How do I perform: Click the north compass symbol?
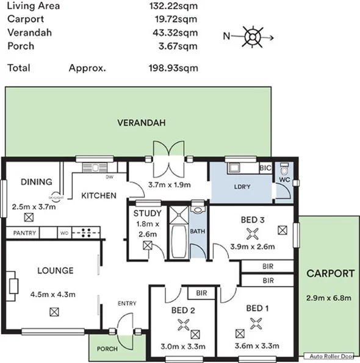click(x=251, y=36)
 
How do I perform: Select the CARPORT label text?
click(x=329, y=274)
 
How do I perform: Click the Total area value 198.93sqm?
click(x=173, y=68)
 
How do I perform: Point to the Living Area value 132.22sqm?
click(x=173, y=7)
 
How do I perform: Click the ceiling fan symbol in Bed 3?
click(x=250, y=232)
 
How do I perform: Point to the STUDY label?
click(x=148, y=214)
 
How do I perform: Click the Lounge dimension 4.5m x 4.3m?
click(x=52, y=294)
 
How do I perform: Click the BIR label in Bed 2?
click(x=200, y=293)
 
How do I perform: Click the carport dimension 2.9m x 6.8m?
click(x=329, y=298)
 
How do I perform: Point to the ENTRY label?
click(x=127, y=303)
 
